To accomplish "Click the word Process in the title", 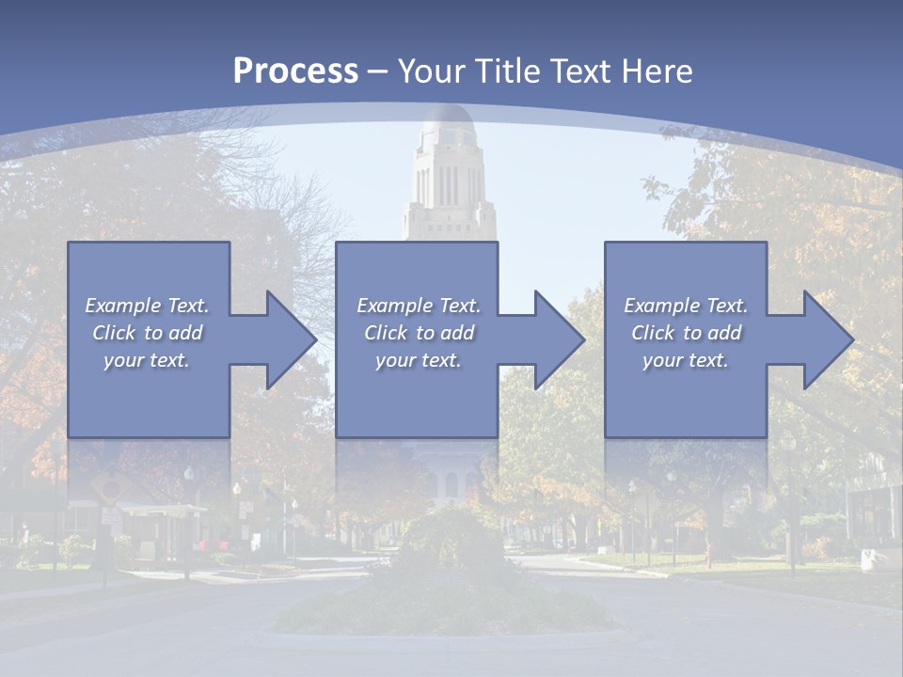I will pos(295,71).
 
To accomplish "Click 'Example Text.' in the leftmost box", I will pos(147,306).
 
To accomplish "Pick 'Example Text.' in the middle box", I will pos(419,306).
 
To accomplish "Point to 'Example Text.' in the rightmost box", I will pos(686,306).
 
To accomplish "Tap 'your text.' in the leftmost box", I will pos(147,360).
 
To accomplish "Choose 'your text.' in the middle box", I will pos(419,360).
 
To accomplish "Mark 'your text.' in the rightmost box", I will pos(686,360).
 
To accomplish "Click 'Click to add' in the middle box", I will pos(419,333).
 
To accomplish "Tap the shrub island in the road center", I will pos(442,583).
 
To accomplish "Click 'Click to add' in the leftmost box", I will pos(147,333).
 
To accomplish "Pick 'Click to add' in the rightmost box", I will pos(686,333).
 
